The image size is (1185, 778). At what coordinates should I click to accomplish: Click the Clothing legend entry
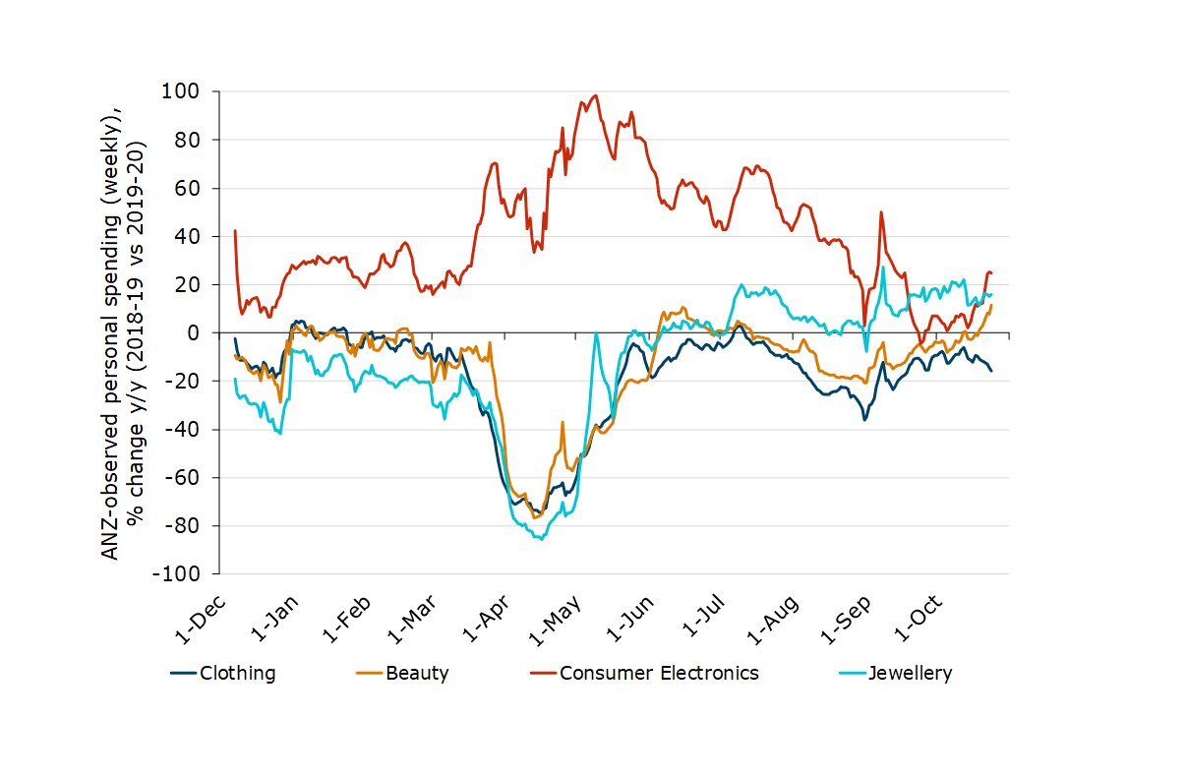tap(236, 674)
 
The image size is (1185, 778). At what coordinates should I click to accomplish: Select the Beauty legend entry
tap(417, 674)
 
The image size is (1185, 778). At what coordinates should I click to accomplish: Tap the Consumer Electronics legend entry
tap(659, 674)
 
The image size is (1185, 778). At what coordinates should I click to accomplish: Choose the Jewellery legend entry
tap(910, 674)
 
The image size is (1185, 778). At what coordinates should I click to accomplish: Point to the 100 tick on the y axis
tap(185, 91)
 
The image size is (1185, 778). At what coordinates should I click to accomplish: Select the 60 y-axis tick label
tap(189, 188)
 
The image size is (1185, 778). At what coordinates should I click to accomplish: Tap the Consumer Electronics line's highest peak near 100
tap(595, 95)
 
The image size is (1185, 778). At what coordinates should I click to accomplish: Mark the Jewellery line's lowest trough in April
tap(541, 539)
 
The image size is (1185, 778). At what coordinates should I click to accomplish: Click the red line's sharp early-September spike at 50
tap(881, 212)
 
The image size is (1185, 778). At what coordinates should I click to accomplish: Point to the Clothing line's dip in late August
tap(864, 420)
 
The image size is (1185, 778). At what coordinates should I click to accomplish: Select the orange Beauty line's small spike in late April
tap(563, 422)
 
